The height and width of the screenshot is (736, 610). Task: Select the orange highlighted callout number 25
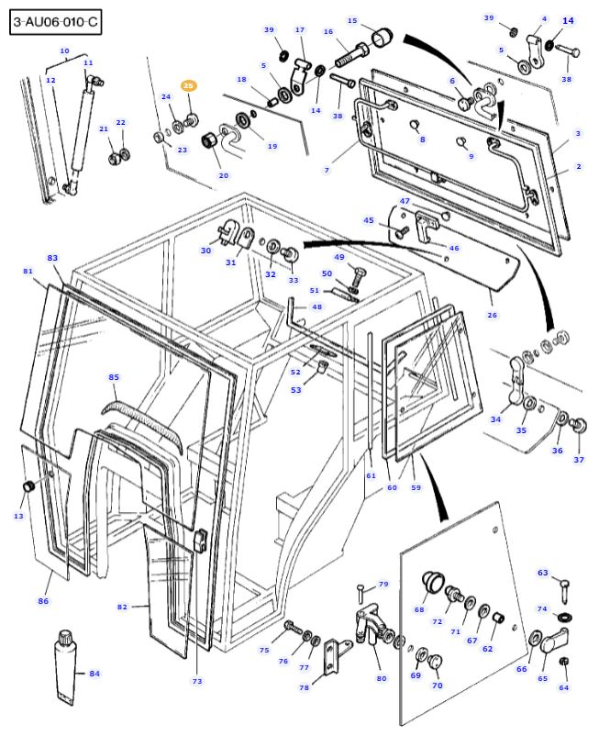pyautogui.click(x=188, y=85)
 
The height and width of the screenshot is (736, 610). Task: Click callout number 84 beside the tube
pyautogui.click(x=94, y=675)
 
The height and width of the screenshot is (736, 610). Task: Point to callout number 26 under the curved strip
pyautogui.click(x=492, y=315)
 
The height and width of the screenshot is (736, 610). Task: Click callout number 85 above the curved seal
pyautogui.click(x=114, y=377)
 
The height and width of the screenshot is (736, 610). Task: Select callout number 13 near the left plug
pyautogui.click(x=18, y=517)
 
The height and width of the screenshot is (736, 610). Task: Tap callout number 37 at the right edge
pyautogui.click(x=579, y=459)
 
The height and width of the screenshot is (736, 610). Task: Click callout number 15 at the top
pyautogui.click(x=352, y=20)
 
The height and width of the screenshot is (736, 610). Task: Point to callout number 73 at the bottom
pyautogui.click(x=196, y=681)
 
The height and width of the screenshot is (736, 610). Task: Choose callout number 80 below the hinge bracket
pyautogui.click(x=382, y=678)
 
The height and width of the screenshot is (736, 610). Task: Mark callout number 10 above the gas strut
pyautogui.click(x=64, y=50)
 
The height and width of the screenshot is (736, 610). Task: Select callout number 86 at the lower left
pyautogui.click(x=43, y=601)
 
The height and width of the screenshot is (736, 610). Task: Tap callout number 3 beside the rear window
pyautogui.click(x=578, y=134)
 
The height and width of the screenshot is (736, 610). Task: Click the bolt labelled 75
pyautogui.click(x=291, y=627)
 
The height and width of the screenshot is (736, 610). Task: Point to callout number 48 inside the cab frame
pyautogui.click(x=316, y=307)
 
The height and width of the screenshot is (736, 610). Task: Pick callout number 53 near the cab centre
pyautogui.click(x=296, y=390)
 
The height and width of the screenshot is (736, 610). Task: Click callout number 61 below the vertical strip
pyautogui.click(x=371, y=475)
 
